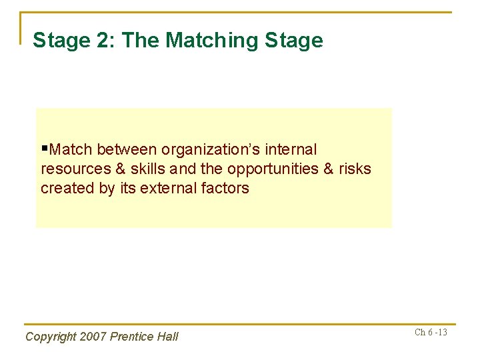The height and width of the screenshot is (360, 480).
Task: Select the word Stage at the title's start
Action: (x=59, y=41)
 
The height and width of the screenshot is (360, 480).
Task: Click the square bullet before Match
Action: (x=45, y=149)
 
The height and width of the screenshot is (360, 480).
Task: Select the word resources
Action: (x=74, y=169)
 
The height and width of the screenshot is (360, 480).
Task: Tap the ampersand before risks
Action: (x=328, y=169)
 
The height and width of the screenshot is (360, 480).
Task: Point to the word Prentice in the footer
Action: (x=132, y=337)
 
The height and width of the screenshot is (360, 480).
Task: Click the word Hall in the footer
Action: (x=167, y=337)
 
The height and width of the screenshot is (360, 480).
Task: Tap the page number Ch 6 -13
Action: (x=431, y=333)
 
